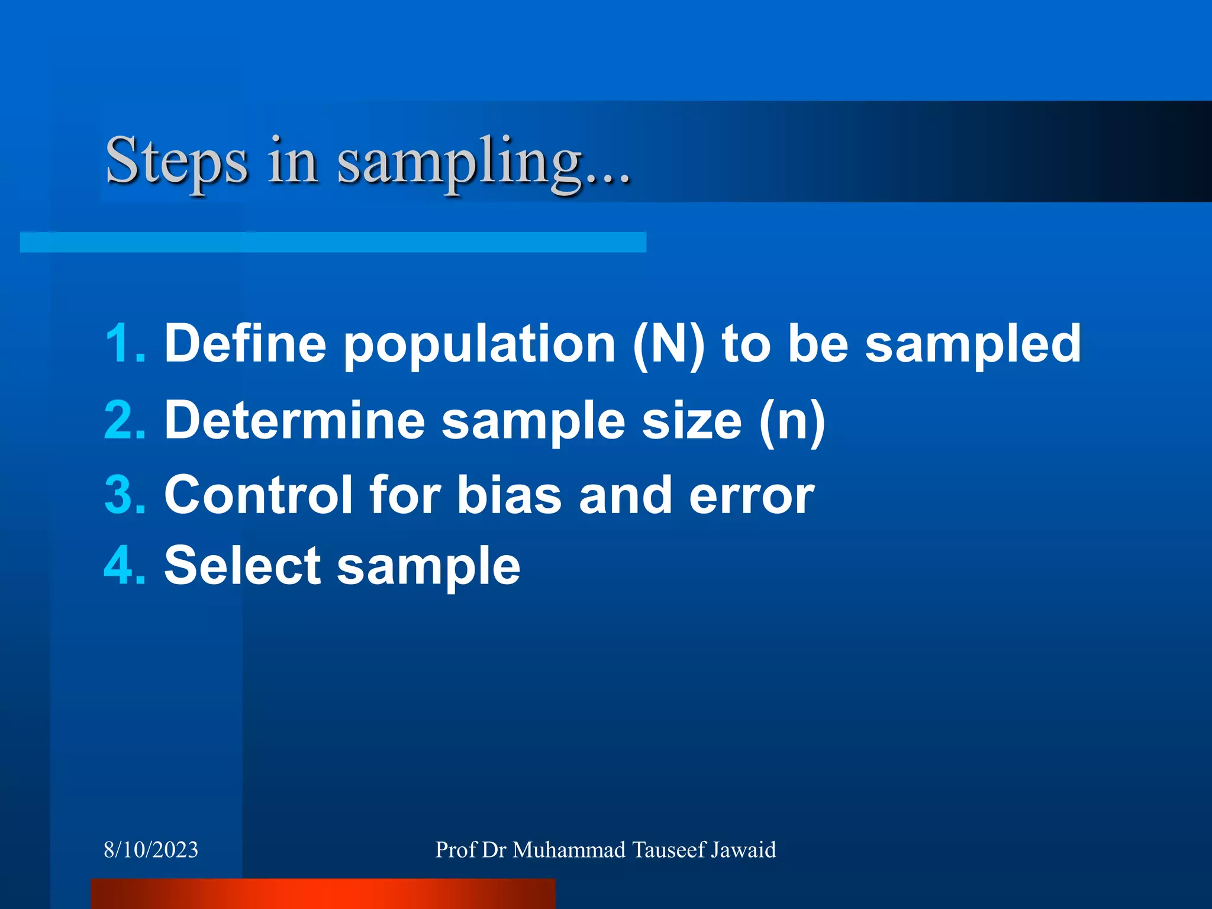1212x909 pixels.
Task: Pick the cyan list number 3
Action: point(124,495)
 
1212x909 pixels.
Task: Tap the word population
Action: point(480,344)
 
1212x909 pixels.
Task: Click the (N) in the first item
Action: point(668,344)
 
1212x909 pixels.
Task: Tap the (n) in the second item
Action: point(792,421)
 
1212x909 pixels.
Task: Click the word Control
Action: point(258,495)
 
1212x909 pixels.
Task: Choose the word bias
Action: point(509,495)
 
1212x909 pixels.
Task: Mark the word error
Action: point(752,496)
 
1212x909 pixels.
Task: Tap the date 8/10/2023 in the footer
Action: point(151,850)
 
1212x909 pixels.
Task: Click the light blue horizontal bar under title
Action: point(333,242)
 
